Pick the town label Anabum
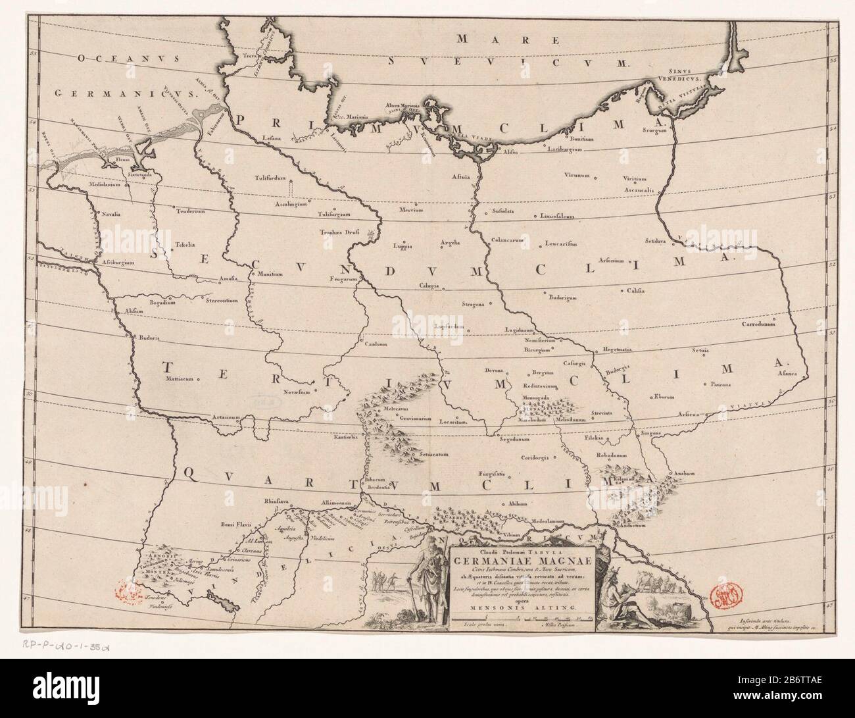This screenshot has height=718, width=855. tap(682, 473)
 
